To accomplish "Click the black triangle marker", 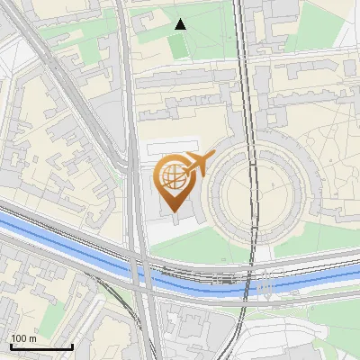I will (181, 24).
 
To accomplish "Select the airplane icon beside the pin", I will (199, 164).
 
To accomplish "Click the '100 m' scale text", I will (24, 338).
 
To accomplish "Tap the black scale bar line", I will (41, 346).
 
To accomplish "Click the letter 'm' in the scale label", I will (32, 338).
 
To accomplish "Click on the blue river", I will (72, 243).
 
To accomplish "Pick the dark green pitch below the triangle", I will (178, 46).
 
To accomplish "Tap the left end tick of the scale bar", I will (11, 346).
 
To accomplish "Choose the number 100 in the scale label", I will (19, 338).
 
